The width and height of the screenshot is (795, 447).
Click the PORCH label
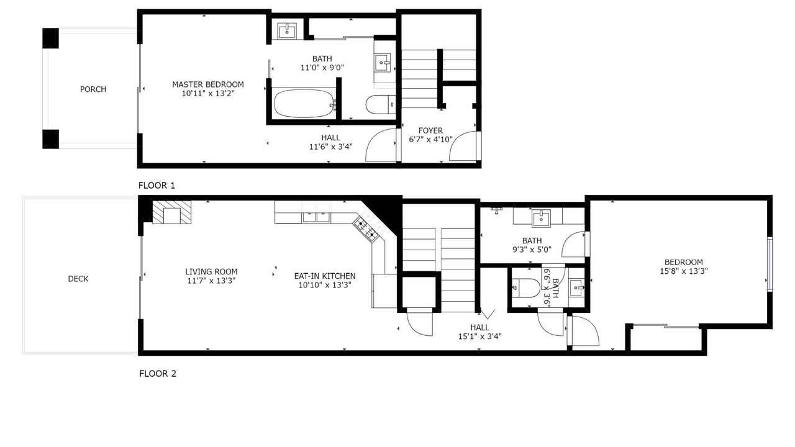click(93, 89)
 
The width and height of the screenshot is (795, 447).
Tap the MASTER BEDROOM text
click(208, 84)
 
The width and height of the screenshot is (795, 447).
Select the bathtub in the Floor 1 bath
click(304, 103)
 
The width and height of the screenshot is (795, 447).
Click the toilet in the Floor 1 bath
click(381, 104)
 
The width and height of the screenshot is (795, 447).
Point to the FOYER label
click(430, 130)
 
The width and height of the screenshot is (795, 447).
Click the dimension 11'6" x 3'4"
click(331, 147)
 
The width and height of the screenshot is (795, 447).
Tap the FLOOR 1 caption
click(157, 186)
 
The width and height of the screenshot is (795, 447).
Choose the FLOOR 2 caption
click(158, 374)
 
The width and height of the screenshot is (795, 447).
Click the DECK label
click(78, 279)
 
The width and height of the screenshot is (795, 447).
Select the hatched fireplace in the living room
click(172, 212)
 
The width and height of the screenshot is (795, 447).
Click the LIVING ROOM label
click(211, 272)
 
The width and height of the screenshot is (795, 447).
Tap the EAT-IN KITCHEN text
click(325, 276)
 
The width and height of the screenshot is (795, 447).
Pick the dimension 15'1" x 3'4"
click(480, 336)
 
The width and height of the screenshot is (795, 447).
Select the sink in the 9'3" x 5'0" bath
click(541, 218)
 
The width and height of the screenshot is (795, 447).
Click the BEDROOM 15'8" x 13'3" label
click(684, 267)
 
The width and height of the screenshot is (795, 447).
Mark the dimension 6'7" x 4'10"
click(431, 140)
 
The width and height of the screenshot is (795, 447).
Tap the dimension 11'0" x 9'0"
click(322, 68)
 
